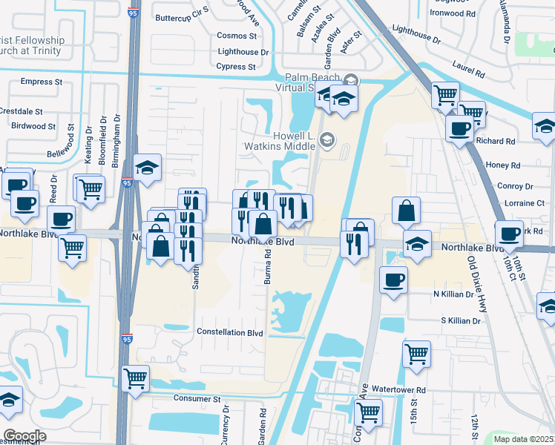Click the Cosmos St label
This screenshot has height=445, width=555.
click(237, 36)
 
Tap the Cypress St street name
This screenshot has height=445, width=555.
click(237, 67)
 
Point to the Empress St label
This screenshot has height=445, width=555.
click(42, 82)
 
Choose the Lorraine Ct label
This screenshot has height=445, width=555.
click(524, 202)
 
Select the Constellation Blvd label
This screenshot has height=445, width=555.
click(229, 333)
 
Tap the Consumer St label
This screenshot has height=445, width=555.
click(197, 398)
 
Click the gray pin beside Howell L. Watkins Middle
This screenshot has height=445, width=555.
click(327, 139)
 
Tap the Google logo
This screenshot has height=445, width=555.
click(24, 436)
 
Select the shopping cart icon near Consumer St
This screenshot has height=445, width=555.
click(135, 378)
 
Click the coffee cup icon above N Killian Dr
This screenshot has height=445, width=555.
click(393, 280)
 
